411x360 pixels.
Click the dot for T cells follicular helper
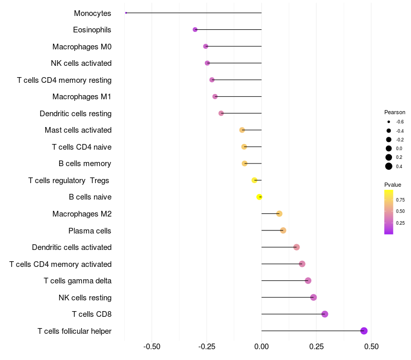364,331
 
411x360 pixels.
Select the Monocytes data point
126,13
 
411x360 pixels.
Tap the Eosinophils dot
195,30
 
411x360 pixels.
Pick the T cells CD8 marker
325,314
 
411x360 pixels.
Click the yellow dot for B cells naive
259,197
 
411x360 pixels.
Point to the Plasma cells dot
283,230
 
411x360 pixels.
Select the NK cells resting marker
313,297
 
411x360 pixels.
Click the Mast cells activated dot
242,130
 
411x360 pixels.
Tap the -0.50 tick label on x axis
152,347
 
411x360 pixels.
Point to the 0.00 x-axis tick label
261,347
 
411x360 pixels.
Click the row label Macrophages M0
82,47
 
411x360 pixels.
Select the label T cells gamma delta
78,281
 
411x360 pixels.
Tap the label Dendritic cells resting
76,114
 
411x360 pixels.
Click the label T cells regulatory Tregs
69,181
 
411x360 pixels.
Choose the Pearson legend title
395,112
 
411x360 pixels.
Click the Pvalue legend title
393,185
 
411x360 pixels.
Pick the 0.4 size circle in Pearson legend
389,166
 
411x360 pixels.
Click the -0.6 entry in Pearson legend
389,122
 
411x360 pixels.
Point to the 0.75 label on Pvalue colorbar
400,200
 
